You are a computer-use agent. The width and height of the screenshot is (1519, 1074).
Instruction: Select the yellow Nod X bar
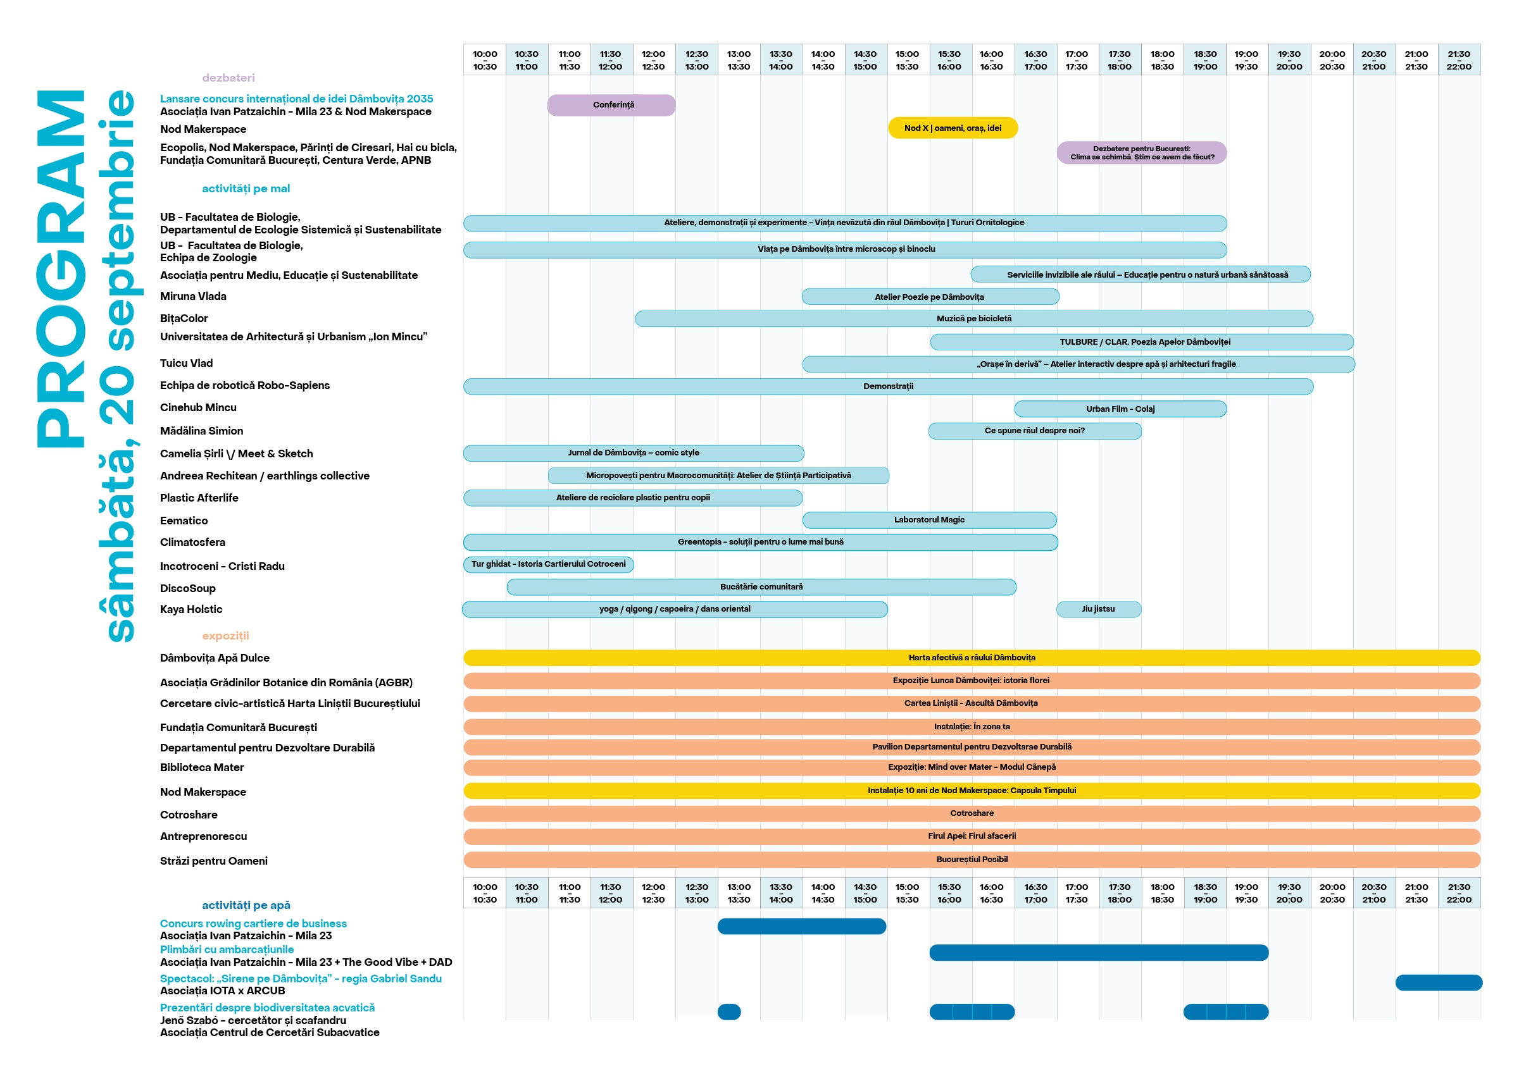click(952, 128)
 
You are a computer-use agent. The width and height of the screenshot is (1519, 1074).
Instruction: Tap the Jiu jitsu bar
click(1098, 609)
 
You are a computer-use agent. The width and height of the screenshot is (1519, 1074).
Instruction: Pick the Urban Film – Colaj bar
click(1120, 409)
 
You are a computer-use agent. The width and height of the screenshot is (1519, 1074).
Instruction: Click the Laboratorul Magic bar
click(929, 521)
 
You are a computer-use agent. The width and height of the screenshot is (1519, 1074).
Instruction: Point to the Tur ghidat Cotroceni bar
click(549, 565)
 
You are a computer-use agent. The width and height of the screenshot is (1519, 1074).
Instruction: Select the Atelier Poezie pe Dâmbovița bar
click(930, 297)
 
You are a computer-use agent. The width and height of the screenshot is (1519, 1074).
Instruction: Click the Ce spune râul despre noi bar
click(1035, 431)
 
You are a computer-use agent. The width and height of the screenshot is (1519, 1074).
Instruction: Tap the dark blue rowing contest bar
click(801, 927)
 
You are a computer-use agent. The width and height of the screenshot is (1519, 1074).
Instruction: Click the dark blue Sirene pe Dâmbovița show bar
click(1438, 983)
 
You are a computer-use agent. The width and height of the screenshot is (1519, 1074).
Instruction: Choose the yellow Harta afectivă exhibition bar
click(971, 658)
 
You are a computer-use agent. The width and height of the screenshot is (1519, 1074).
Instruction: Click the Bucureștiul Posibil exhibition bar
click(971, 860)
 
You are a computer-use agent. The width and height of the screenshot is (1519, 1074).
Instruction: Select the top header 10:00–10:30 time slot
click(485, 60)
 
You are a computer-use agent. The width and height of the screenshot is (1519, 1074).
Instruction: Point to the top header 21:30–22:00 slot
click(1458, 60)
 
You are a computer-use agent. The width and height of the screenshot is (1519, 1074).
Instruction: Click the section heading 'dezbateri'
click(228, 78)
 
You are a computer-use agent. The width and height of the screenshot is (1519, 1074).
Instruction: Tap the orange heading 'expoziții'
click(225, 636)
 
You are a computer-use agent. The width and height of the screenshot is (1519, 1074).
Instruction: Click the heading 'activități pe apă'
click(246, 905)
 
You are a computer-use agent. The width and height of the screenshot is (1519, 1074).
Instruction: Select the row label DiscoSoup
click(188, 589)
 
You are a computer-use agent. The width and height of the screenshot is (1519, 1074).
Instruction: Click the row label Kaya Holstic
click(191, 610)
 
